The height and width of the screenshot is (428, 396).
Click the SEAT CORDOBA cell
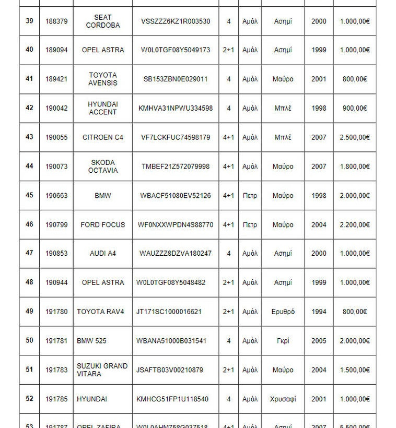tap(102, 21)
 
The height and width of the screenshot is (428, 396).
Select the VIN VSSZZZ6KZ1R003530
tap(176, 21)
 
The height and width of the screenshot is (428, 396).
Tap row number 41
tap(29, 79)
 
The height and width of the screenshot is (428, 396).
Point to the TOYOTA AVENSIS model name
tap(102, 79)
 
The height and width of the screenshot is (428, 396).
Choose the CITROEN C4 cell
tap(102, 137)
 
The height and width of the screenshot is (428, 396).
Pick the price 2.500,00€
tap(354, 137)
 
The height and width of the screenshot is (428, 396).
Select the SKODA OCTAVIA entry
tap(102, 167)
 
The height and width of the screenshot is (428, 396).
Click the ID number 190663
tap(56, 196)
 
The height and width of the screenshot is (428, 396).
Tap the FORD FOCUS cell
tap(102, 225)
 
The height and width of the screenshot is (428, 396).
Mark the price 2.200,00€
tap(354, 225)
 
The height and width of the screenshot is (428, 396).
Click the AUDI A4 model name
tap(102, 254)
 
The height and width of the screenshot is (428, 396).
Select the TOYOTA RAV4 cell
tap(100, 312)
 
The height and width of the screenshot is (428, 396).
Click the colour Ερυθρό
tap(283, 312)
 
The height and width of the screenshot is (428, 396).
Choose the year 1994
tap(319, 312)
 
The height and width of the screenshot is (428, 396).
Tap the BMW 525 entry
tap(91, 341)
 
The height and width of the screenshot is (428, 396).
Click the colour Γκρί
tap(283, 341)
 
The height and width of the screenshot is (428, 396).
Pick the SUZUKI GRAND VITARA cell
tap(102, 370)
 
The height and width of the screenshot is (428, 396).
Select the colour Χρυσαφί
tap(283, 399)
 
